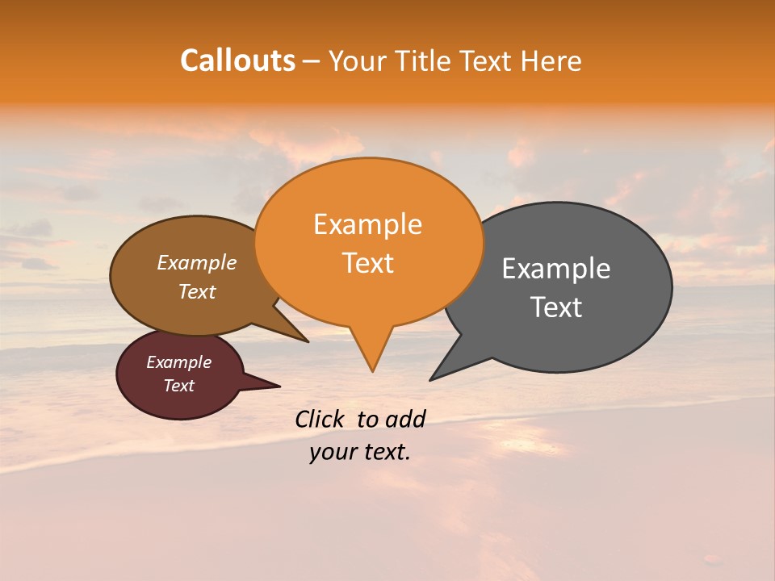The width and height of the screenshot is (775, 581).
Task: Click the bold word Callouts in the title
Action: pos(237,61)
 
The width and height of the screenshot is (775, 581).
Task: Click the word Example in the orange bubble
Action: pos(367,224)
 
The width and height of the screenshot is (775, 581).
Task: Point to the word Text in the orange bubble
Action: pos(367,263)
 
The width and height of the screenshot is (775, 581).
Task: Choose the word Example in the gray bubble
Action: pos(556,268)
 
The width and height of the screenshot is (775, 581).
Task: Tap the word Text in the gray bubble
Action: pos(556,307)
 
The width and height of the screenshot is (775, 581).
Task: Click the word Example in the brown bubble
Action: pos(196,262)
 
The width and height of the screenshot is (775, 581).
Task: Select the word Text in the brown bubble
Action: pos(196,291)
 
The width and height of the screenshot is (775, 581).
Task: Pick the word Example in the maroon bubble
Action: pos(178,362)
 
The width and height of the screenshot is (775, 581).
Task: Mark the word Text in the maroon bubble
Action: pos(178,386)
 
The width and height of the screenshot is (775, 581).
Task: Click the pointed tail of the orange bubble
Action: pos(372,370)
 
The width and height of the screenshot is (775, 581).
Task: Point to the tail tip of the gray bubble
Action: pos(432,378)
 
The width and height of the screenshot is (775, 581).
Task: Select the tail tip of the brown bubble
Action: pos(307,341)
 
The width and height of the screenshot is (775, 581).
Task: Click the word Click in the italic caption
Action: pos(321,419)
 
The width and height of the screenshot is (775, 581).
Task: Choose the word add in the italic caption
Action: pos(404,419)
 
